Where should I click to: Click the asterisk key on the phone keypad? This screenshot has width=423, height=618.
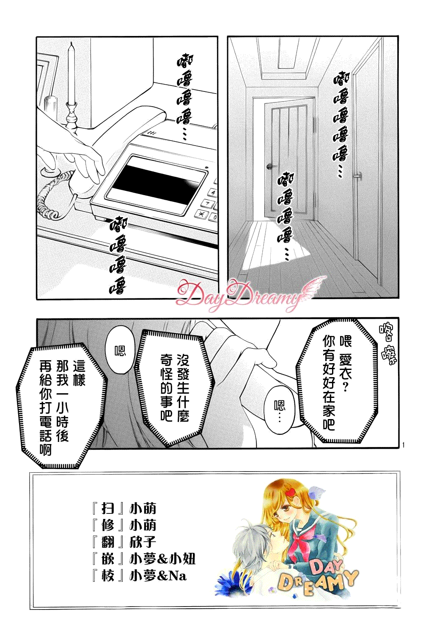coord(200,214)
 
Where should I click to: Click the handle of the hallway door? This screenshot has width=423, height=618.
coord(272,166)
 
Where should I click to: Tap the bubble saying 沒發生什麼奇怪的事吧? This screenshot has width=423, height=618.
coord(175,386)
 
